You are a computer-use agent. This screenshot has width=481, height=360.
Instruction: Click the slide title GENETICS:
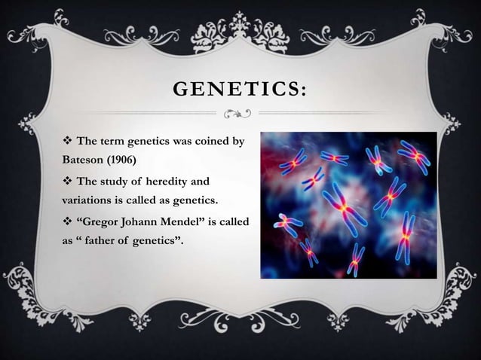pyautogui.click(x=240, y=92)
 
